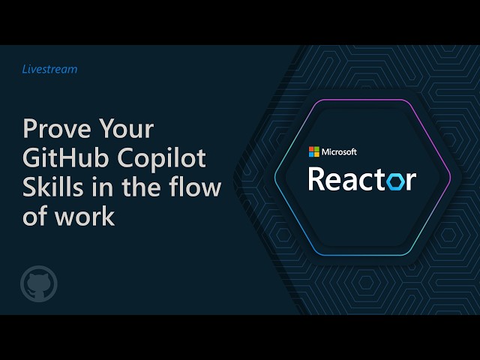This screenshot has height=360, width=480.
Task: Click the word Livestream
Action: (49, 69)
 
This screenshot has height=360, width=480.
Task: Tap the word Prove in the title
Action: (57, 128)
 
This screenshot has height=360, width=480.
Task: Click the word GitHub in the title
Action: (66, 158)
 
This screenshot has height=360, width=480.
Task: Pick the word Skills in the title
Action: (53, 187)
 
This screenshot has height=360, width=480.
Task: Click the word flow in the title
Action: (195, 187)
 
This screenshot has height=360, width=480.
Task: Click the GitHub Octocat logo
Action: (39, 283)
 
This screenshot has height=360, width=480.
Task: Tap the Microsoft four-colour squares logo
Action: (313, 151)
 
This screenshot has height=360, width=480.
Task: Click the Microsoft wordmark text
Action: (339, 151)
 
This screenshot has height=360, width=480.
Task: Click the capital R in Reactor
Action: (316, 179)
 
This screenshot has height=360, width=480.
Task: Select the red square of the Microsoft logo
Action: (311, 149)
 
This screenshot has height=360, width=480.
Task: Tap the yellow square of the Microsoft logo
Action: (316, 154)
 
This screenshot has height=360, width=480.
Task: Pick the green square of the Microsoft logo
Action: (316, 149)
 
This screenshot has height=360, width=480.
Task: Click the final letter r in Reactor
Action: (412, 181)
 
